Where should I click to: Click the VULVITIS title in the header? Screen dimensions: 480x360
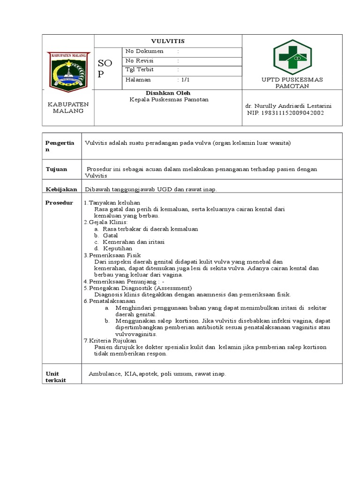coord(168,41)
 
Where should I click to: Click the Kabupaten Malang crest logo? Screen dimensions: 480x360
coord(68,71)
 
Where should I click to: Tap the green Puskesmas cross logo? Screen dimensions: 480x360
coord(292,58)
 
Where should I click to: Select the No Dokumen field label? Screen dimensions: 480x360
coord(144,52)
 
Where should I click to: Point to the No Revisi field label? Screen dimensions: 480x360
coord(140,61)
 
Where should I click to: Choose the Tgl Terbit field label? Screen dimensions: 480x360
coord(139,70)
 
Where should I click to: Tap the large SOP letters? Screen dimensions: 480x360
coord(105,68)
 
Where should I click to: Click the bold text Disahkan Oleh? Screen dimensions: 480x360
coord(168,93)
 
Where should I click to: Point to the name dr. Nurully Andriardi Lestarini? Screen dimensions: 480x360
coord(288,106)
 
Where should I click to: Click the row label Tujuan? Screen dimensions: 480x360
coord(56,169)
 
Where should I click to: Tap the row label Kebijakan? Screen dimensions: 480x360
coord(61,189)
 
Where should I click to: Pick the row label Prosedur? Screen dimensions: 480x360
coord(59,202)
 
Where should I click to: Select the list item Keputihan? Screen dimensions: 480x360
coord(117,248)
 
